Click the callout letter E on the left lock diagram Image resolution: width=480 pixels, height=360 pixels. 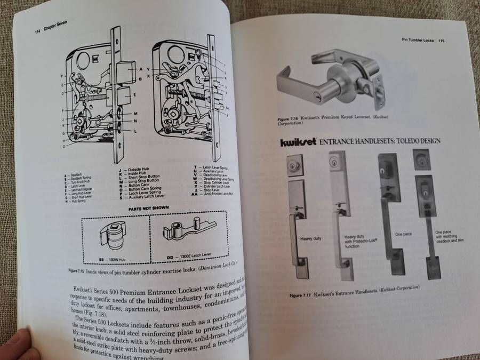point(134,94)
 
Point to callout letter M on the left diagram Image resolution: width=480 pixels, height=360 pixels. point(135,114)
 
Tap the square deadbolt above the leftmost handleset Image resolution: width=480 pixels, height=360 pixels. point(294,165)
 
